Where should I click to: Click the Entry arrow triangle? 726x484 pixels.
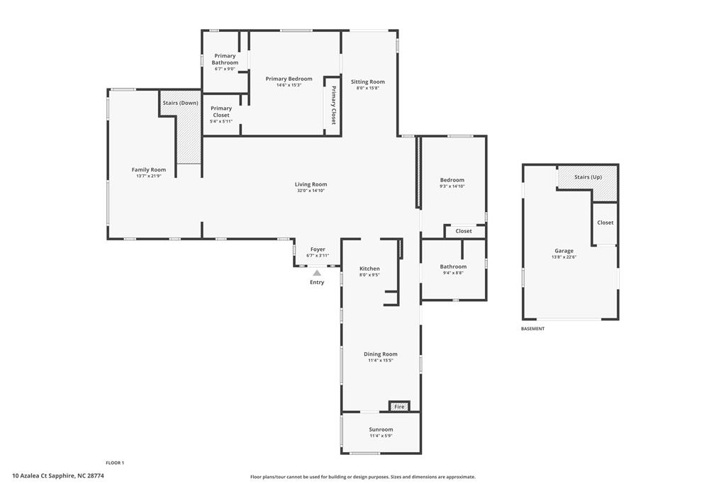pos(317,273)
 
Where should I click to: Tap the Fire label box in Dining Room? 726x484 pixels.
pos(399,407)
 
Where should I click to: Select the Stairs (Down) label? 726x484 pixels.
pos(180,103)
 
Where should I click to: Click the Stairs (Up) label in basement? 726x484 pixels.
pos(587,176)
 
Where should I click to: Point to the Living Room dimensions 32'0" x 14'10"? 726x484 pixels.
pos(311,191)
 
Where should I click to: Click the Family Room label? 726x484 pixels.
pos(149,169)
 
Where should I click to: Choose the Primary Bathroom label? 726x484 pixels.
pos(225,59)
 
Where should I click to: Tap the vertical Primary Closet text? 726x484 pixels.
pos(333,106)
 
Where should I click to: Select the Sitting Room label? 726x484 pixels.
pos(367,81)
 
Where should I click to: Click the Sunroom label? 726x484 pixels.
pos(381,429)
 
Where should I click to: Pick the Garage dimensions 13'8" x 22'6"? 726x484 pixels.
pos(564,257)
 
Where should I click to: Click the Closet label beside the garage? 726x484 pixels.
pos(605,223)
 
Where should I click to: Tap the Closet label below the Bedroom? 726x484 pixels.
pos(464,231)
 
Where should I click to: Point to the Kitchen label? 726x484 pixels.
pos(369,269)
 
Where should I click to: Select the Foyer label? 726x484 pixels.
pos(318,249)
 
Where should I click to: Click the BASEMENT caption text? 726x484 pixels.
pos(532,329)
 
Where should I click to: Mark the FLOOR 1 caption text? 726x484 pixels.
pos(115,463)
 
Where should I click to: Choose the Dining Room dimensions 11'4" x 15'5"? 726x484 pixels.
pos(381,361)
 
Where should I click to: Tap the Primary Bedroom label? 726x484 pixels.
pos(289,79)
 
